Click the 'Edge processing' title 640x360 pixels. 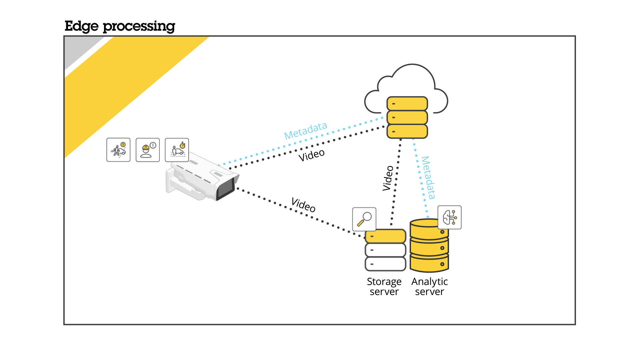click(x=120, y=26)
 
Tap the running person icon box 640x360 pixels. click(x=118, y=150)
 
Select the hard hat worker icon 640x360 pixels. click(x=148, y=150)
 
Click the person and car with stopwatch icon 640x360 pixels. click(x=177, y=150)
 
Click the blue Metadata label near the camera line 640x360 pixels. click(x=305, y=130)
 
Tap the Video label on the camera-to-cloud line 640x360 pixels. click(x=311, y=155)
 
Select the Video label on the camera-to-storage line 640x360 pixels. click(x=303, y=204)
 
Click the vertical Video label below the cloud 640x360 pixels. click(x=388, y=178)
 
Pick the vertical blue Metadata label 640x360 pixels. click(x=428, y=178)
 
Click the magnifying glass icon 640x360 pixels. click(x=364, y=219)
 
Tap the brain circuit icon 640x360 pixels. click(x=450, y=217)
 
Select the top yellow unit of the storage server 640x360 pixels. click(x=385, y=236)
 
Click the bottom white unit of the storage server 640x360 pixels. click(x=385, y=264)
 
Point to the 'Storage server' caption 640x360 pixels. click(x=384, y=286)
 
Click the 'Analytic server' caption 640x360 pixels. click(x=429, y=286)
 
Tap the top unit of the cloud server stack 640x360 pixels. click(x=407, y=104)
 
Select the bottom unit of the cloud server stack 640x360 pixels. click(x=407, y=131)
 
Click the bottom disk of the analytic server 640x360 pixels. click(x=429, y=264)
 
